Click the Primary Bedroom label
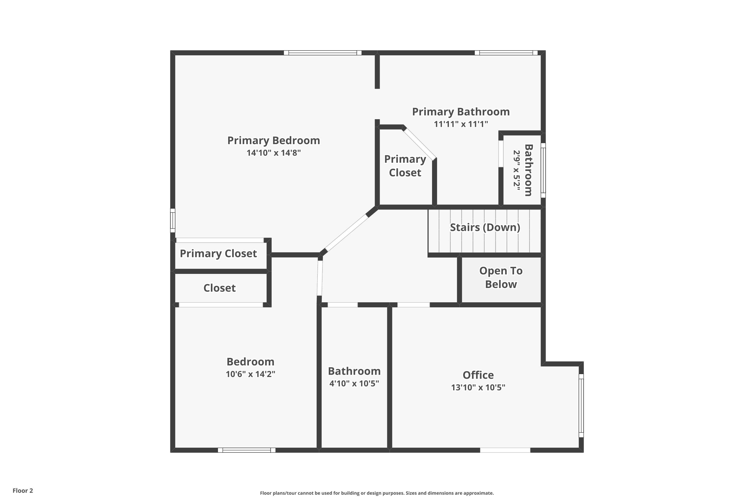pos(273,141)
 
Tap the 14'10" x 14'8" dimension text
pos(273,153)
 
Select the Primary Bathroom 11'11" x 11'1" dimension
pos(461,124)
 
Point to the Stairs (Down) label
pos(485,227)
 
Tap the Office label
pos(478,375)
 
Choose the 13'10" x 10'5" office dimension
pos(478,388)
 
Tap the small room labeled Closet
pos(220,288)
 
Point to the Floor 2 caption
pos(23,490)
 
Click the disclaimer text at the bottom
pos(377,493)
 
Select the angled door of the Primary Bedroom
pos(346,233)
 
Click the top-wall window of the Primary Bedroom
pos(322,53)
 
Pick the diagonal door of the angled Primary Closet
pos(419,143)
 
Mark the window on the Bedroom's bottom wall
pos(247,450)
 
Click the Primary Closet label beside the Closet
pos(218,254)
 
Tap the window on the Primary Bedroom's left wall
pos(172,220)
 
